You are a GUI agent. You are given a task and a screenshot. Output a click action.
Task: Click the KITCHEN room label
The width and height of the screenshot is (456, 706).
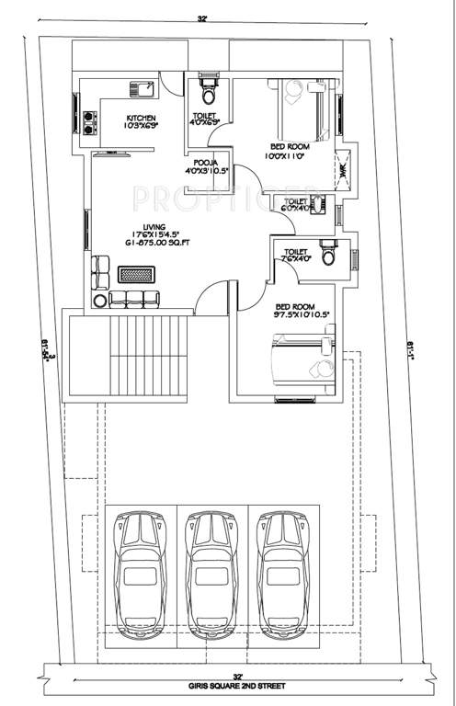[141, 117]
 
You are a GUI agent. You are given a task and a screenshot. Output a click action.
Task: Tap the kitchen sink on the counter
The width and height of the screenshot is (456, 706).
[142, 89]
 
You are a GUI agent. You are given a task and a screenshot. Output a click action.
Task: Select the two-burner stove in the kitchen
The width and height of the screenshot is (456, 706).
[91, 122]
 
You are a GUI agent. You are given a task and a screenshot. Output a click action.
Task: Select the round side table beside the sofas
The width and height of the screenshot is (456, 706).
[98, 300]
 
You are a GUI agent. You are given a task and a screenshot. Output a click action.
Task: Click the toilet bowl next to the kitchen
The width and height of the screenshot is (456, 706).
[209, 93]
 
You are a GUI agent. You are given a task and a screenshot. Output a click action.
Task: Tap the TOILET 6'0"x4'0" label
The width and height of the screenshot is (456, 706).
[298, 205]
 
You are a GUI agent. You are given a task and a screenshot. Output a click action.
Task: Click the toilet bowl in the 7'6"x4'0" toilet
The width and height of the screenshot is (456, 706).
[326, 252]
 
